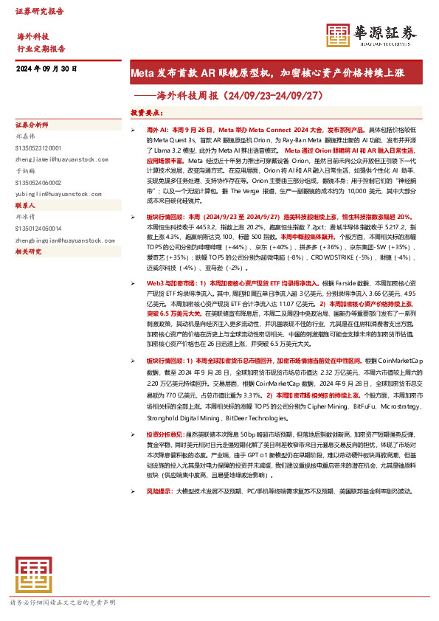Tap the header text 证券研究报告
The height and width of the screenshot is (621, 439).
point(40,11)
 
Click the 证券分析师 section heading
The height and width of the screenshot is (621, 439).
point(32,125)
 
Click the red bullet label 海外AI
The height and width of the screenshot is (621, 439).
point(158,128)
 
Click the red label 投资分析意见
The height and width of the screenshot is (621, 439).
point(167,434)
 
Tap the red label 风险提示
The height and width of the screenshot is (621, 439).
point(160,490)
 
